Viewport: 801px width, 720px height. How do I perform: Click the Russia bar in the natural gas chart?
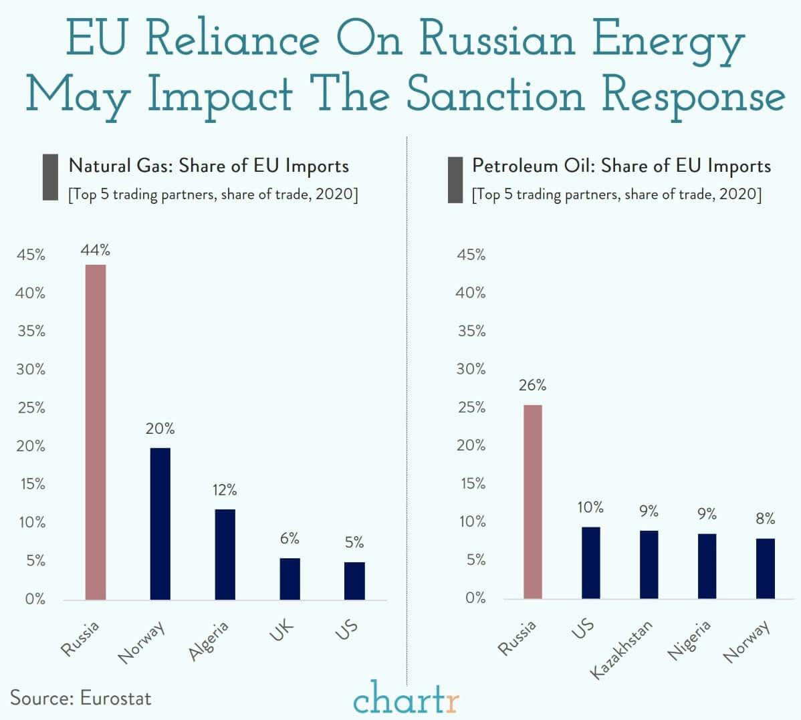(96, 432)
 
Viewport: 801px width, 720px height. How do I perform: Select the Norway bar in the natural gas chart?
(160, 523)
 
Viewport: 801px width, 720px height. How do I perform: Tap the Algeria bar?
(225, 554)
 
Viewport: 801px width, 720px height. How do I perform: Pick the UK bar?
(290, 578)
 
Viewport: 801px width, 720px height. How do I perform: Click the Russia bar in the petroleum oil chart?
(532, 501)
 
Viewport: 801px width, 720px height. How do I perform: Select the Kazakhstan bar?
(649, 564)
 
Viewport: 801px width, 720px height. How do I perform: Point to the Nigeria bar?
(707, 566)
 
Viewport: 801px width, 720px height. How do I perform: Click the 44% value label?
(96, 250)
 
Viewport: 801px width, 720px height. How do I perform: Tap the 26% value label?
(532, 385)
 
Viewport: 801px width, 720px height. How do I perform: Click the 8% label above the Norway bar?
(765, 519)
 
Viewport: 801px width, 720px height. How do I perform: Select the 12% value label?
(225, 490)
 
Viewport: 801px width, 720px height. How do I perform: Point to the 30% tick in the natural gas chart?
(31, 369)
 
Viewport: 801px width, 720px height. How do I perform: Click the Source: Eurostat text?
(81, 698)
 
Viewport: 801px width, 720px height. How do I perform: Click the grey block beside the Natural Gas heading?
(50, 177)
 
